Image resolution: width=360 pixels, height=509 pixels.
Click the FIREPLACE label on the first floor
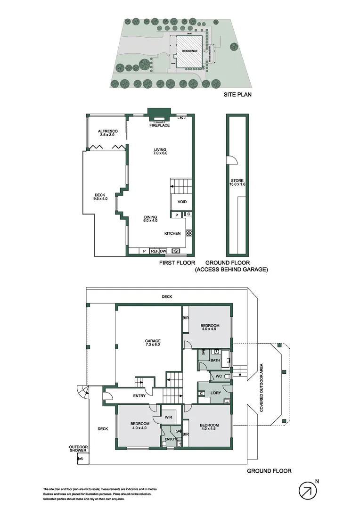160,125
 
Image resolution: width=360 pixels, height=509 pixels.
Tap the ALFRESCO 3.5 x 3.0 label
107,133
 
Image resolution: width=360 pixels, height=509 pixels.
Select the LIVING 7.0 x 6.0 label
160,152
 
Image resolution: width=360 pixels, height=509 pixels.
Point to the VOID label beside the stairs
182,202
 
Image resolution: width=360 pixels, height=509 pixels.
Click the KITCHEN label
172,234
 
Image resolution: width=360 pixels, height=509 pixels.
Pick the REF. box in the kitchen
155,251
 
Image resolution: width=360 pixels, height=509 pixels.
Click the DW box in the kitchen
164,251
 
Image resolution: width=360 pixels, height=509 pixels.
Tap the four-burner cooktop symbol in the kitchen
189,233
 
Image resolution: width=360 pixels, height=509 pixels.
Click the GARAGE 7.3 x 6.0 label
153,343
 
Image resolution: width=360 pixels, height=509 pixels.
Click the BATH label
215,361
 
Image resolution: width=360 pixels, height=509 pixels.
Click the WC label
218,376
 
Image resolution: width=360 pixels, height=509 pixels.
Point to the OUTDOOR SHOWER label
78,449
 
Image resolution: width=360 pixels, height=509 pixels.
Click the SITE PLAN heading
237,95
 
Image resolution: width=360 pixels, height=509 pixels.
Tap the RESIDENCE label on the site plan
190,51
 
